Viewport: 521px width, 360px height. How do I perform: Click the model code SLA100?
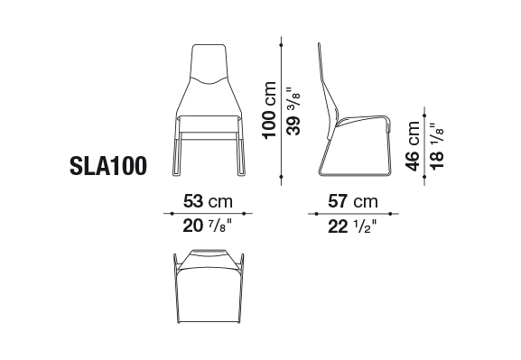tap(108, 166)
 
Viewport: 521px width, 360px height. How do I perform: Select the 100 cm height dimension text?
tap(269, 110)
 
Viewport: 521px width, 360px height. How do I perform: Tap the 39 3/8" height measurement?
tap(293, 111)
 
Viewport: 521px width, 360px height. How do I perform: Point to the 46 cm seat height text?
tap(413, 146)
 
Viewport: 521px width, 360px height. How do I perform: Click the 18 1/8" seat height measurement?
tap(437, 146)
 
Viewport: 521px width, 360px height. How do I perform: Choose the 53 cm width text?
tap(208, 201)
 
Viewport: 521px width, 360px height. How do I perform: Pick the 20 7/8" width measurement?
tap(207, 226)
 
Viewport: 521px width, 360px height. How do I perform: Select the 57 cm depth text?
tap(353, 201)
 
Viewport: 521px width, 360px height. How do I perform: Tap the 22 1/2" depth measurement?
tap(352, 226)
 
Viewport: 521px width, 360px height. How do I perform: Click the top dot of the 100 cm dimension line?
tap(282, 44)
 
